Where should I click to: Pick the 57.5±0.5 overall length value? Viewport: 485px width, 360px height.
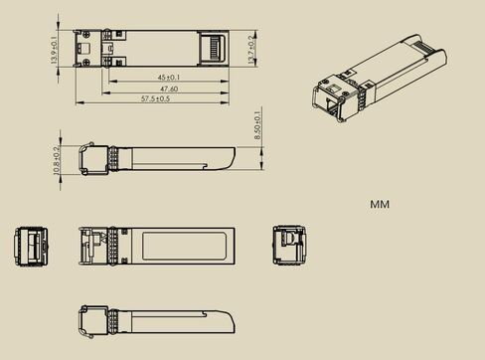(x=156, y=99)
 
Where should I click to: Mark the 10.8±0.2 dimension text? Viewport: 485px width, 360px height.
(x=56, y=159)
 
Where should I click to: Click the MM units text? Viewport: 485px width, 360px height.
(x=380, y=205)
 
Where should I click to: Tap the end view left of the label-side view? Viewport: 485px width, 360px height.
(x=31, y=246)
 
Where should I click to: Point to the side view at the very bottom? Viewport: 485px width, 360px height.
(x=156, y=321)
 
